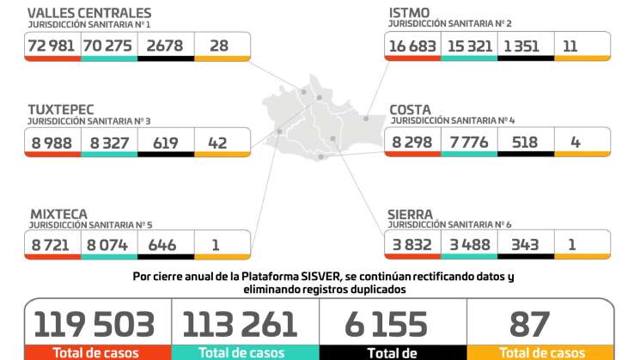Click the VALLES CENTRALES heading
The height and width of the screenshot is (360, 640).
point(89,13)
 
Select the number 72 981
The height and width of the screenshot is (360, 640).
point(52,46)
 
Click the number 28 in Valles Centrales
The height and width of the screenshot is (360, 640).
point(219,46)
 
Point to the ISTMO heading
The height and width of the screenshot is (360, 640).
point(411,13)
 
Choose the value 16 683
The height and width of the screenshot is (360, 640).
point(411,46)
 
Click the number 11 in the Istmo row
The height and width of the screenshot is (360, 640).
point(570,46)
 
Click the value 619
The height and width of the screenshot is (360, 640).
point(165,143)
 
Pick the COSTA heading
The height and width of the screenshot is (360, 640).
point(411,110)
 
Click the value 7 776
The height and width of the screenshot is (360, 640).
point(469,142)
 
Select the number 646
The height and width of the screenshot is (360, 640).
point(162,246)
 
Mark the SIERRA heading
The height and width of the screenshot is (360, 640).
point(411,213)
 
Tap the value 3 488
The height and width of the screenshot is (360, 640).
point(469,245)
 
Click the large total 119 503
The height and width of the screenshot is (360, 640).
point(94,324)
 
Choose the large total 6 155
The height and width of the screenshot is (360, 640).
point(386,324)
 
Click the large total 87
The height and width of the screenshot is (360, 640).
point(529,324)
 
